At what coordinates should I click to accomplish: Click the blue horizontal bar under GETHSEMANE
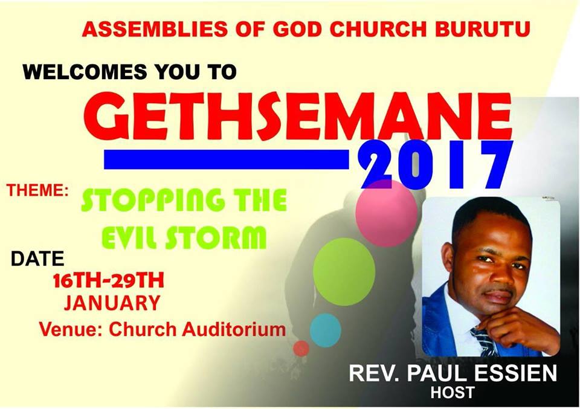coord(227,159)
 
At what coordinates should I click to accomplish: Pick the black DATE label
coord(37,259)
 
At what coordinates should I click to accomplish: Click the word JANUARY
coord(112,302)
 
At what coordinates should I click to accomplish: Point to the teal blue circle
coord(325,330)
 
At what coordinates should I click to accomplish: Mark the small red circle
coord(301,348)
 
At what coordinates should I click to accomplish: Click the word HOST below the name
coord(453,393)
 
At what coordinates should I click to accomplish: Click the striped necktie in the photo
coord(483,342)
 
